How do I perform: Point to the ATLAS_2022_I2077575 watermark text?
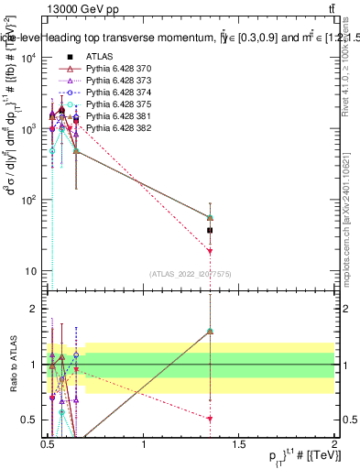tap(191, 273)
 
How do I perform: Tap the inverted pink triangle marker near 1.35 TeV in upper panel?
tap(210, 250)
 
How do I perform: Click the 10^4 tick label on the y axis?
tap(28, 58)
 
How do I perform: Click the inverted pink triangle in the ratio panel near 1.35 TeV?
tap(210, 418)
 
